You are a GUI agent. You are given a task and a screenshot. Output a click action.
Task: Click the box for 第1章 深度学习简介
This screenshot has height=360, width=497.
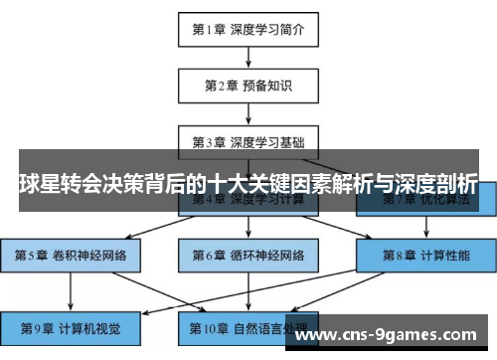click(x=248, y=30)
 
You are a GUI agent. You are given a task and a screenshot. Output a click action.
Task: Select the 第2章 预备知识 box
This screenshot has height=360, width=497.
click(x=248, y=85)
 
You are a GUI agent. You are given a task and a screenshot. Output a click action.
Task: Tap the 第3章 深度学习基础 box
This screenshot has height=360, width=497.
click(x=248, y=140)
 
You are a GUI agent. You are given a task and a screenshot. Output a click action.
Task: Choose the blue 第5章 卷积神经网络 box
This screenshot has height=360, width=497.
click(x=71, y=256)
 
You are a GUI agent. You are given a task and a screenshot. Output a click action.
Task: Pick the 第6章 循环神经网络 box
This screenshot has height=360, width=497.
click(x=248, y=256)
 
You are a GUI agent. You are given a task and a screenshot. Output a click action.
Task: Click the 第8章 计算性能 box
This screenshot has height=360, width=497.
click(x=424, y=256)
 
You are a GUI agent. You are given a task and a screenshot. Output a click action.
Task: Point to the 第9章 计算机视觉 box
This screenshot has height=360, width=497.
click(x=71, y=326)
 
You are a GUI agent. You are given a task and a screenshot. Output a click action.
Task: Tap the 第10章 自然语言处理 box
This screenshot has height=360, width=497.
click(x=248, y=326)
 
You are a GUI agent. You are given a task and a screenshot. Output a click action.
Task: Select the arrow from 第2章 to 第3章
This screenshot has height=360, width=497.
click(x=248, y=112)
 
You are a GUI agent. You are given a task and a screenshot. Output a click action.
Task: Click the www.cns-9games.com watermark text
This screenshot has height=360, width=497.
click(x=395, y=336)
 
